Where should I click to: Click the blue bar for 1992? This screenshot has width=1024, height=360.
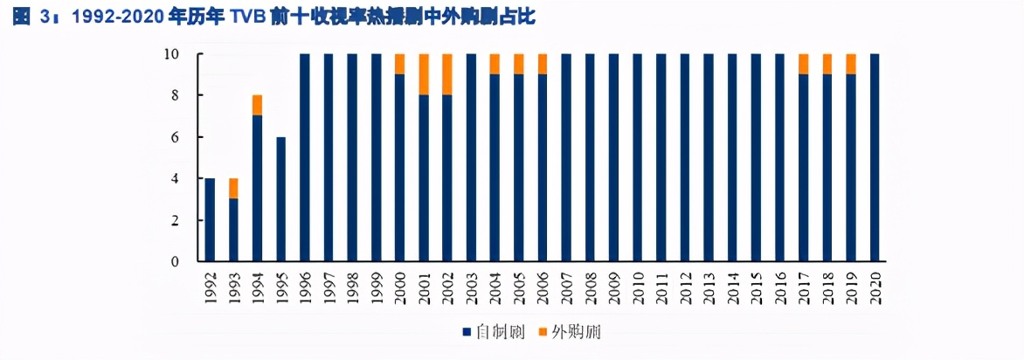pos(210,219)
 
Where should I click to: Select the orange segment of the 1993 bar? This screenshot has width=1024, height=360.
pos(233,188)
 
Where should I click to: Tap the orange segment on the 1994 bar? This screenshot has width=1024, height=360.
pos(257,105)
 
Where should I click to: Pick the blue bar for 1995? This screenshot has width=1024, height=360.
pos(280,198)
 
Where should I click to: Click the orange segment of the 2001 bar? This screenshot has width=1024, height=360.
pos(424,74)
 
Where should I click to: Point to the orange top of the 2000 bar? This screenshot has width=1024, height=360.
pos(400,64)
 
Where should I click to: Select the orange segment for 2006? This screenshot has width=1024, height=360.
pos(543,64)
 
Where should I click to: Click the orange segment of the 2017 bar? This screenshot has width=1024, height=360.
pos(804,64)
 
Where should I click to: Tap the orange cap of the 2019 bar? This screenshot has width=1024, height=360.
pos(851,64)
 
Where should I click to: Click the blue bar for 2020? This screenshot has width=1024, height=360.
pos(875,157)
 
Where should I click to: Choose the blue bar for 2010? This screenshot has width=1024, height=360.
pos(638,157)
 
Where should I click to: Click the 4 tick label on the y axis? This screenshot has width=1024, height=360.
pos(175,179)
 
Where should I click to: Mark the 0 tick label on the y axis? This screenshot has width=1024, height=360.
pos(175,261)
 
